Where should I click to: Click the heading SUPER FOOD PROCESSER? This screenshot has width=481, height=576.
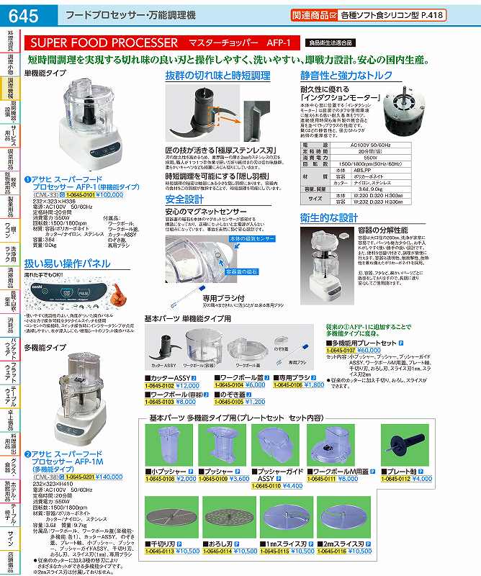click(x=104, y=43)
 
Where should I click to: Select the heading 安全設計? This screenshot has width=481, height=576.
click(x=185, y=198)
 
